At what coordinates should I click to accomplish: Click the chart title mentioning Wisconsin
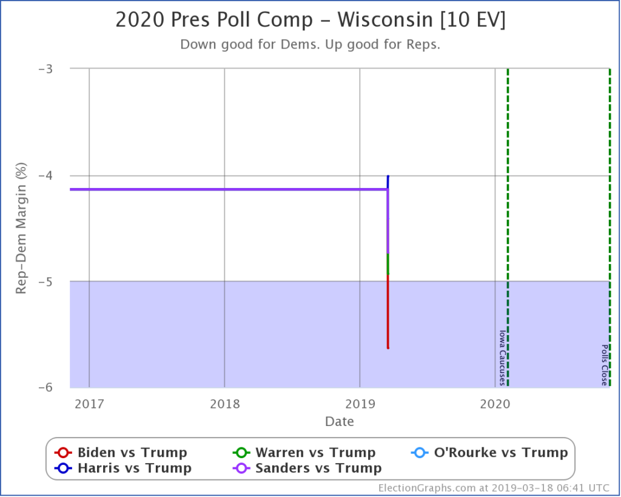[x=310, y=20]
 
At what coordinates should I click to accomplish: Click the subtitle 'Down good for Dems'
[x=310, y=45]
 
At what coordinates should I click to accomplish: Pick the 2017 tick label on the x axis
[x=89, y=403]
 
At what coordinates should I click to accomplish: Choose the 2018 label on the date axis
[x=224, y=403]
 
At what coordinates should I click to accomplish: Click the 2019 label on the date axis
[x=360, y=403]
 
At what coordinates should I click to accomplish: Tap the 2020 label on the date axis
[x=495, y=403]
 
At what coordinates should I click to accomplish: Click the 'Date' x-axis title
[x=340, y=421]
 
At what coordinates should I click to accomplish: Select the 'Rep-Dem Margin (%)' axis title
[x=21, y=228]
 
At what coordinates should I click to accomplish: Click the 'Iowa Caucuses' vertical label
[x=502, y=357]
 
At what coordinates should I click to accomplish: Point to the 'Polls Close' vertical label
[x=605, y=365]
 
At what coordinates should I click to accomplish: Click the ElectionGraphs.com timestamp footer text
[x=495, y=488]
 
